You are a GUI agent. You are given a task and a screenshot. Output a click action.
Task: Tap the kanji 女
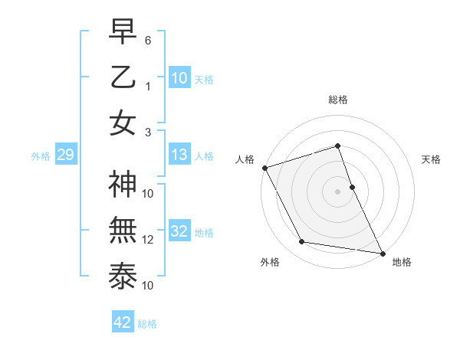[x=123, y=123]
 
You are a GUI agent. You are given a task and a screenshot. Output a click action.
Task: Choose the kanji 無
[x=123, y=231]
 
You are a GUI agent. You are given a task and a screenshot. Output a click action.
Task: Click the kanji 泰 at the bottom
[x=123, y=277]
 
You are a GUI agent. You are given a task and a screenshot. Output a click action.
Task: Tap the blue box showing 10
[x=179, y=77]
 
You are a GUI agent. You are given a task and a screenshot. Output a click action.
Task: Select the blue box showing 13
[x=179, y=155]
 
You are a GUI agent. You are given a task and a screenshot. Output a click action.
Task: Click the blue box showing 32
[x=179, y=231]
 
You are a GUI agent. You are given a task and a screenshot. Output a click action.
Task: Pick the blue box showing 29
[x=65, y=155]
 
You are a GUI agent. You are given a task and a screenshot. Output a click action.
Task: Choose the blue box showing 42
[x=123, y=322]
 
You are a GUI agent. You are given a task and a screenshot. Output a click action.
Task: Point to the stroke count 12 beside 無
[x=148, y=240]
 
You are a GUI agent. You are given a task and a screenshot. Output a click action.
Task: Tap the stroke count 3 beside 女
[x=148, y=132]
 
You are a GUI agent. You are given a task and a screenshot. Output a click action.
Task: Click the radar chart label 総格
[x=337, y=100]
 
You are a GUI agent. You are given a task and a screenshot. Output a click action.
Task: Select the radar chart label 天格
[x=432, y=159]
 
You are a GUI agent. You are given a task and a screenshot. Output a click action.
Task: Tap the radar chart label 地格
[x=402, y=263]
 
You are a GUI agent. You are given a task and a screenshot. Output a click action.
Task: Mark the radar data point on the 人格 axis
[x=264, y=168]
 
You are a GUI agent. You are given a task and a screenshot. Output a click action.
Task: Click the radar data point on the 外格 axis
[x=302, y=242]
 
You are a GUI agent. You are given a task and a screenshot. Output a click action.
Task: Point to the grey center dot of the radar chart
[x=337, y=191]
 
